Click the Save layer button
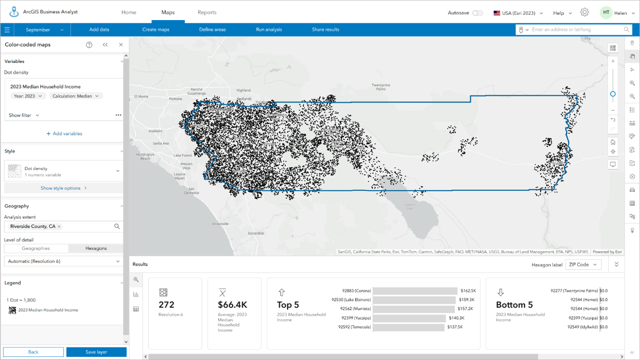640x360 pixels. [96, 352]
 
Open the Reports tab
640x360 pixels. [207, 13]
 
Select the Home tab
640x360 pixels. [129, 13]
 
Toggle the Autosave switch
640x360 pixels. [478, 13]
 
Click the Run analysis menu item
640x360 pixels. [269, 29]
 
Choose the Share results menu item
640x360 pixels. [325, 29]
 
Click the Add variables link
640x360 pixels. [64, 134]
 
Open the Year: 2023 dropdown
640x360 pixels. [28, 96]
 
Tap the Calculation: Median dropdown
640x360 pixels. [76, 96]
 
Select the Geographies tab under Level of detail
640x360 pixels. [36, 248]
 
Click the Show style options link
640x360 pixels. [63, 188]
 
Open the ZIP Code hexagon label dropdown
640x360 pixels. [583, 264]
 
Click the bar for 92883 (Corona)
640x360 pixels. [415, 291]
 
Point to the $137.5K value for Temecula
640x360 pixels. [455, 327]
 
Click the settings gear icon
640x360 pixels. [584, 13]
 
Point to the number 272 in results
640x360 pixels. [167, 305]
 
